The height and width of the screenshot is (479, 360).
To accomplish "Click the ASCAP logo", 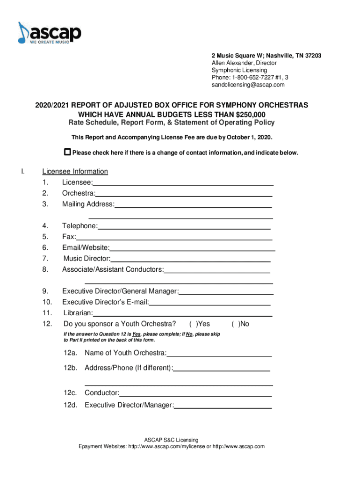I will pos(50,34).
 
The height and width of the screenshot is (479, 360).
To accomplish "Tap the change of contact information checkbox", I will pos(67,152).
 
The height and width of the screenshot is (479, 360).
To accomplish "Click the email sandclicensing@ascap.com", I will pos(248,85).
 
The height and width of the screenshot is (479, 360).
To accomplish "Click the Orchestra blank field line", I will pos(184,194).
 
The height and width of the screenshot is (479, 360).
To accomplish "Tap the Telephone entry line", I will pos(184,227).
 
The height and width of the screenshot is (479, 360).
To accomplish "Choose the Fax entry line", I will pos(174,238).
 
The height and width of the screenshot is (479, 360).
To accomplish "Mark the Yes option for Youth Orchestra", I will pos(192,324).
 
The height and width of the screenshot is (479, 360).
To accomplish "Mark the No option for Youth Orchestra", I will pos(235,324).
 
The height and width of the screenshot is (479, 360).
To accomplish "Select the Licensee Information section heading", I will pos(75,172).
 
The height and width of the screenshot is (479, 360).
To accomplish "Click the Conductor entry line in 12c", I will pos(195,394).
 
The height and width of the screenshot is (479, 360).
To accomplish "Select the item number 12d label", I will pos(71,405).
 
